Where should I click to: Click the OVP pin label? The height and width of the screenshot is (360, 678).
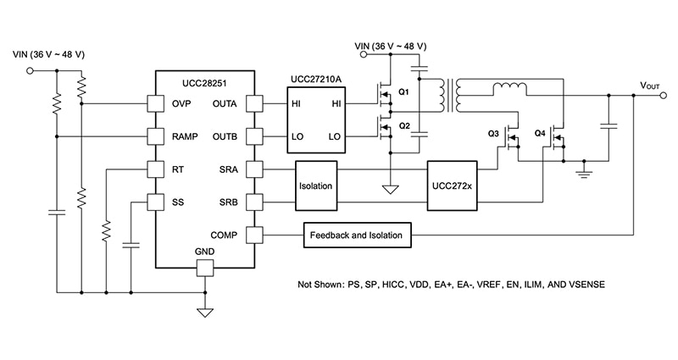(x=181, y=103)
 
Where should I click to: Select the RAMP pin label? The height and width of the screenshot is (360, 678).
(x=185, y=136)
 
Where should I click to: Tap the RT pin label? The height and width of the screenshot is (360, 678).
(x=177, y=169)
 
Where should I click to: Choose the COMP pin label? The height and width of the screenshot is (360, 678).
(x=224, y=235)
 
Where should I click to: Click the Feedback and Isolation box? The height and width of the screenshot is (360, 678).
(x=357, y=235)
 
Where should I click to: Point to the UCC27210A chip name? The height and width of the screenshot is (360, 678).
(x=315, y=78)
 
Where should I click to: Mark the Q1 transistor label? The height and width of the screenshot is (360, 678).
(x=403, y=91)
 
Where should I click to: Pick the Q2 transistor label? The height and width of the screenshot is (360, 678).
(x=403, y=125)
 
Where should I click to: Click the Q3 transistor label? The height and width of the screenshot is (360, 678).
(x=493, y=134)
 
